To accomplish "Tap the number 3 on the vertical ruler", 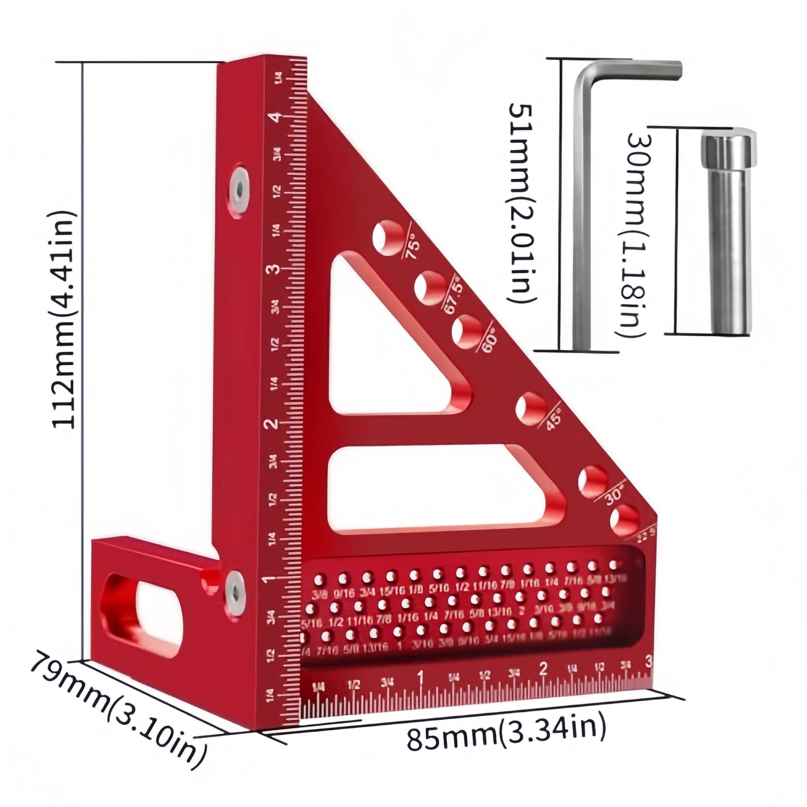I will [x=274, y=270].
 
